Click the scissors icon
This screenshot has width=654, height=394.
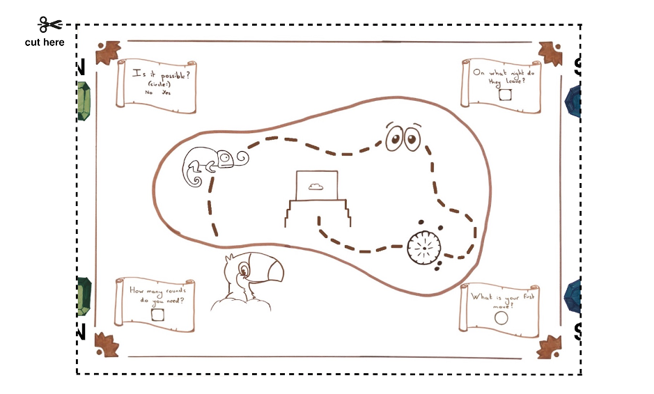[x=49, y=25]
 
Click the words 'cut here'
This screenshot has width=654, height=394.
[x=45, y=42]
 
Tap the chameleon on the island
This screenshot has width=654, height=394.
[x=212, y=164]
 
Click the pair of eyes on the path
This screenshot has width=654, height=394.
[x=402, y=138]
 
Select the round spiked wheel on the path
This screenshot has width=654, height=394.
[x=424, y=247]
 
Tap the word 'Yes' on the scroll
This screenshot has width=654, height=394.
[x=166, y=92]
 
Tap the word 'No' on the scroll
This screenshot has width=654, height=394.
[x=148, y=92]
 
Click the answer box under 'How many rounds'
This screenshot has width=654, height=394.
[x=158, y=315]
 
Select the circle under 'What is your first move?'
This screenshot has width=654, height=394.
[x=501, y=318]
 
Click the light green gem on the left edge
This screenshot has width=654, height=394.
[x=84, y=101]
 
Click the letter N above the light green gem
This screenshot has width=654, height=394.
[x=80, y=68]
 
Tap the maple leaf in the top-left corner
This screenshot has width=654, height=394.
[x=108, y=54]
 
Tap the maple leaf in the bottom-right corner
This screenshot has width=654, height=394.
[x=550, y=345]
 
